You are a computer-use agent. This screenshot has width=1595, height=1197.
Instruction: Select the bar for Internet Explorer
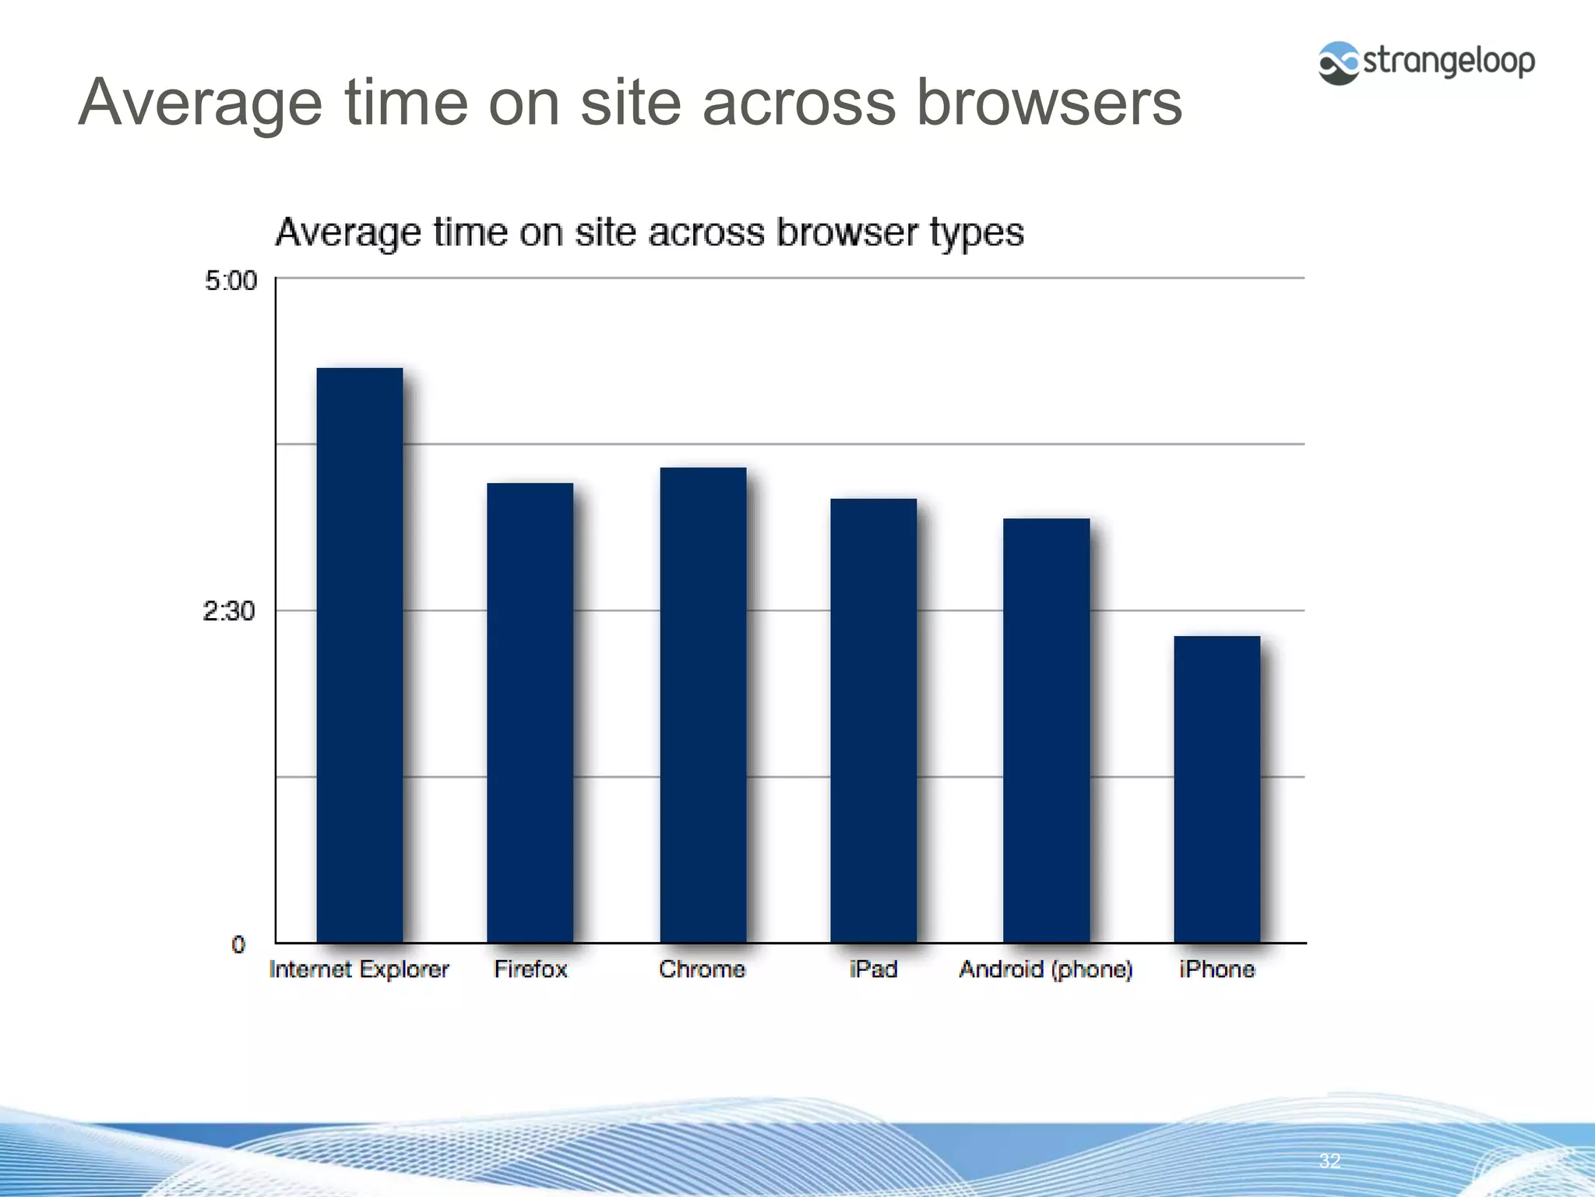(360, 655)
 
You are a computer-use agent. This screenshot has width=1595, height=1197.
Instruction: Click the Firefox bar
(530, 712)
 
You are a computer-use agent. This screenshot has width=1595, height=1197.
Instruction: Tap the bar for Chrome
(703, 704)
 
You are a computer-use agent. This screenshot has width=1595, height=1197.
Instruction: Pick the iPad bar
(874, 720)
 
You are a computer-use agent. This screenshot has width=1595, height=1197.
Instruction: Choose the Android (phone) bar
(1046, 730)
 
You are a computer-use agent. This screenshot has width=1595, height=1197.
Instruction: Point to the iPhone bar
(1216, 789)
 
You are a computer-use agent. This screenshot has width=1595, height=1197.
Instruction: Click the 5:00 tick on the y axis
(231, 281)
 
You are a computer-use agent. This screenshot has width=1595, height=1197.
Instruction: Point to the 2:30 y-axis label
(228, 612)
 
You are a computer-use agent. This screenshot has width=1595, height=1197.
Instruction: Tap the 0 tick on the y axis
(238, 945)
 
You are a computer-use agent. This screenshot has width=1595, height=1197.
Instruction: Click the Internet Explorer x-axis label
(359, 969)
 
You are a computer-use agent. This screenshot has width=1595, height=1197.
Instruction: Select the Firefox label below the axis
(530, 969)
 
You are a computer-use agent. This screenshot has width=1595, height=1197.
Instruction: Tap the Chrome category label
(702, 969)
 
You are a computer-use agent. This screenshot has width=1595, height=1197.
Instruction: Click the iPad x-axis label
(873, 969)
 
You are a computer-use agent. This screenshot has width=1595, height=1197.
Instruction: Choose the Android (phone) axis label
(1045, 969)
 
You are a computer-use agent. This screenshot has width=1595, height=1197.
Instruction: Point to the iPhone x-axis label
(1216, 969)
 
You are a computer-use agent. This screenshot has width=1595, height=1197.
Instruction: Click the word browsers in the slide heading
(1048, 103)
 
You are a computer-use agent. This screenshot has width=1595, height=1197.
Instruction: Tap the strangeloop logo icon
(1339, 62)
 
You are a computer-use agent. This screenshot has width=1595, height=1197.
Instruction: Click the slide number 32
(1329, 1160)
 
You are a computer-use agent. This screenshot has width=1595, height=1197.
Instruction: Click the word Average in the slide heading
(200, 103)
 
